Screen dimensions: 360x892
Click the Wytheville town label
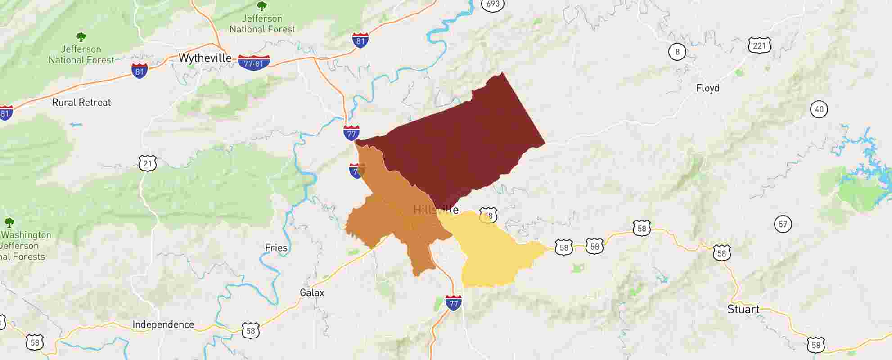pos(205,58)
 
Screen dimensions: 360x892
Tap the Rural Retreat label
pos(81,103)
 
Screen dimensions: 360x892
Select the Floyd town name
pos(707,88)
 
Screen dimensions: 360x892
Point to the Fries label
pos(276,248)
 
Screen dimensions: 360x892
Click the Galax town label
pos(312,293)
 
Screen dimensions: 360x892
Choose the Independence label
pos(163,325)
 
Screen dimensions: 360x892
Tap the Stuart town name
pos(743,310)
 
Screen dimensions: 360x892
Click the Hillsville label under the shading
pos(436,210)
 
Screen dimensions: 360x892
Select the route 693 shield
pos(493,4)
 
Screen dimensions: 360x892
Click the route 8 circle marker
pos(677,52)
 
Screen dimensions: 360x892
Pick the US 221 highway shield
pos(760,45)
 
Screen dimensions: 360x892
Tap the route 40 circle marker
pos(819,109)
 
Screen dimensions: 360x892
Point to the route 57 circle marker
pos(783,224)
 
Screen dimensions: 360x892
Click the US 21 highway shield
pos(148,163)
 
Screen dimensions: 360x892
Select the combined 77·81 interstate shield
pos(254,63)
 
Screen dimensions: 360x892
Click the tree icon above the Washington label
pos(9,222)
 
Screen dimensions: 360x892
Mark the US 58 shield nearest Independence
pos(250,331)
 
